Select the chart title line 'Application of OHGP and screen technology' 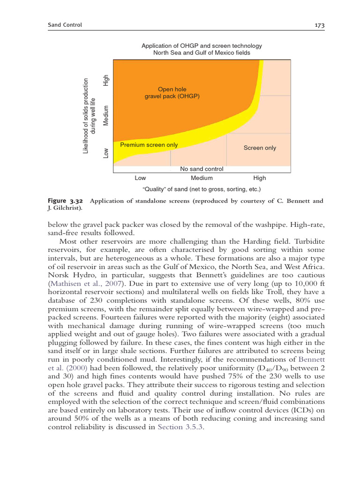202,46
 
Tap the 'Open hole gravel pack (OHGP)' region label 172,93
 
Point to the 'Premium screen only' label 149,145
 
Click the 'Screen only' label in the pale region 260,148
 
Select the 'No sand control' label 202,169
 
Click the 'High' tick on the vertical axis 106,80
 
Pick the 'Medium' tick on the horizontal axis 202,178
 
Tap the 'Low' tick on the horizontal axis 140,178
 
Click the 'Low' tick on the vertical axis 106,153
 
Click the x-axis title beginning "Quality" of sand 201,189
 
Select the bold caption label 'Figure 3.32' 65,201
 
